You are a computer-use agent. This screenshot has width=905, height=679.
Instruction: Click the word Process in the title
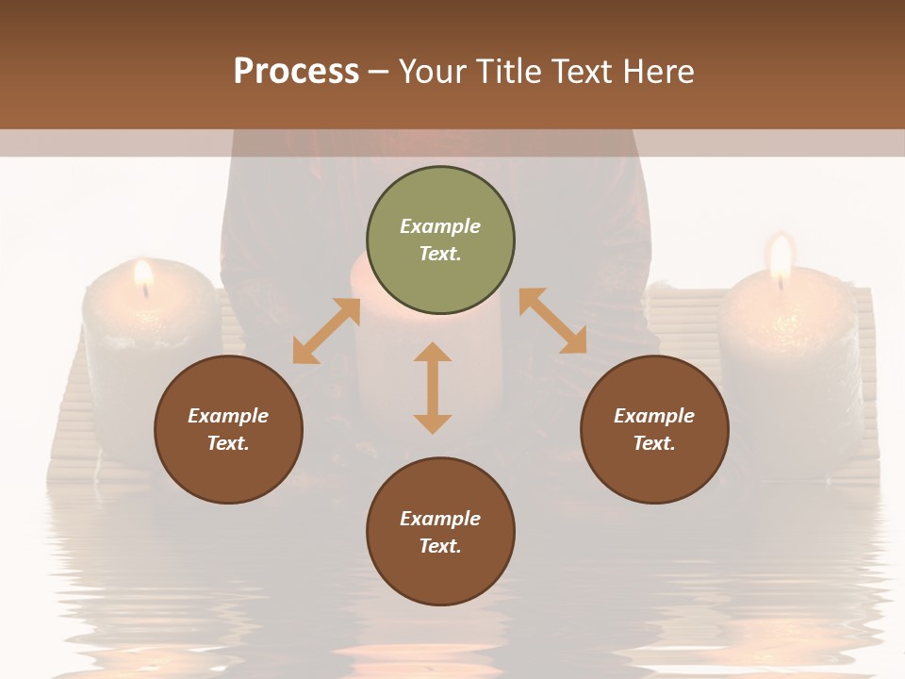point(296,72)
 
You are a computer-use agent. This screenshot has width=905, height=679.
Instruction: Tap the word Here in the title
point(659,72)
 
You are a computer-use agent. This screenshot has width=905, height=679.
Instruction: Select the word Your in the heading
point(433,72)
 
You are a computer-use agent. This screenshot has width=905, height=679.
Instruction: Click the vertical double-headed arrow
point(433,388)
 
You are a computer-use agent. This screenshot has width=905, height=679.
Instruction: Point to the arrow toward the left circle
point(326,331)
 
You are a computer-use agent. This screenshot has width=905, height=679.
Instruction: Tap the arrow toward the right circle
point(552,321)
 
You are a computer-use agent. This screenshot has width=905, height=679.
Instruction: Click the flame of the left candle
point(143,273)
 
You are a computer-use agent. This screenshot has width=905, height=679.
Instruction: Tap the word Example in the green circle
point(440,226)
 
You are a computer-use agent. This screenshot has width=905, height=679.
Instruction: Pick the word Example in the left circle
point(228,416)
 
